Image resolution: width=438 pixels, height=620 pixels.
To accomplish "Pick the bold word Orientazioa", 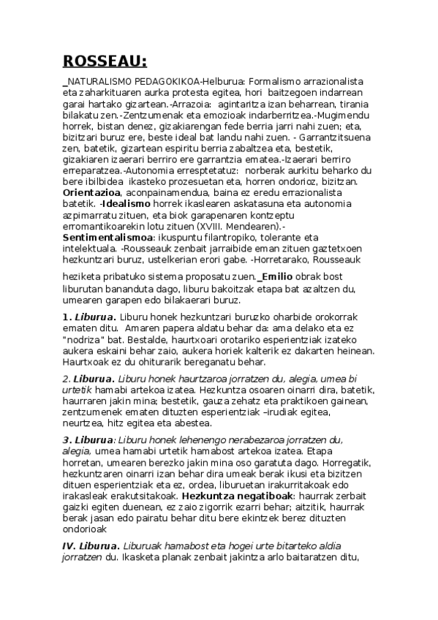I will point(92,192).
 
